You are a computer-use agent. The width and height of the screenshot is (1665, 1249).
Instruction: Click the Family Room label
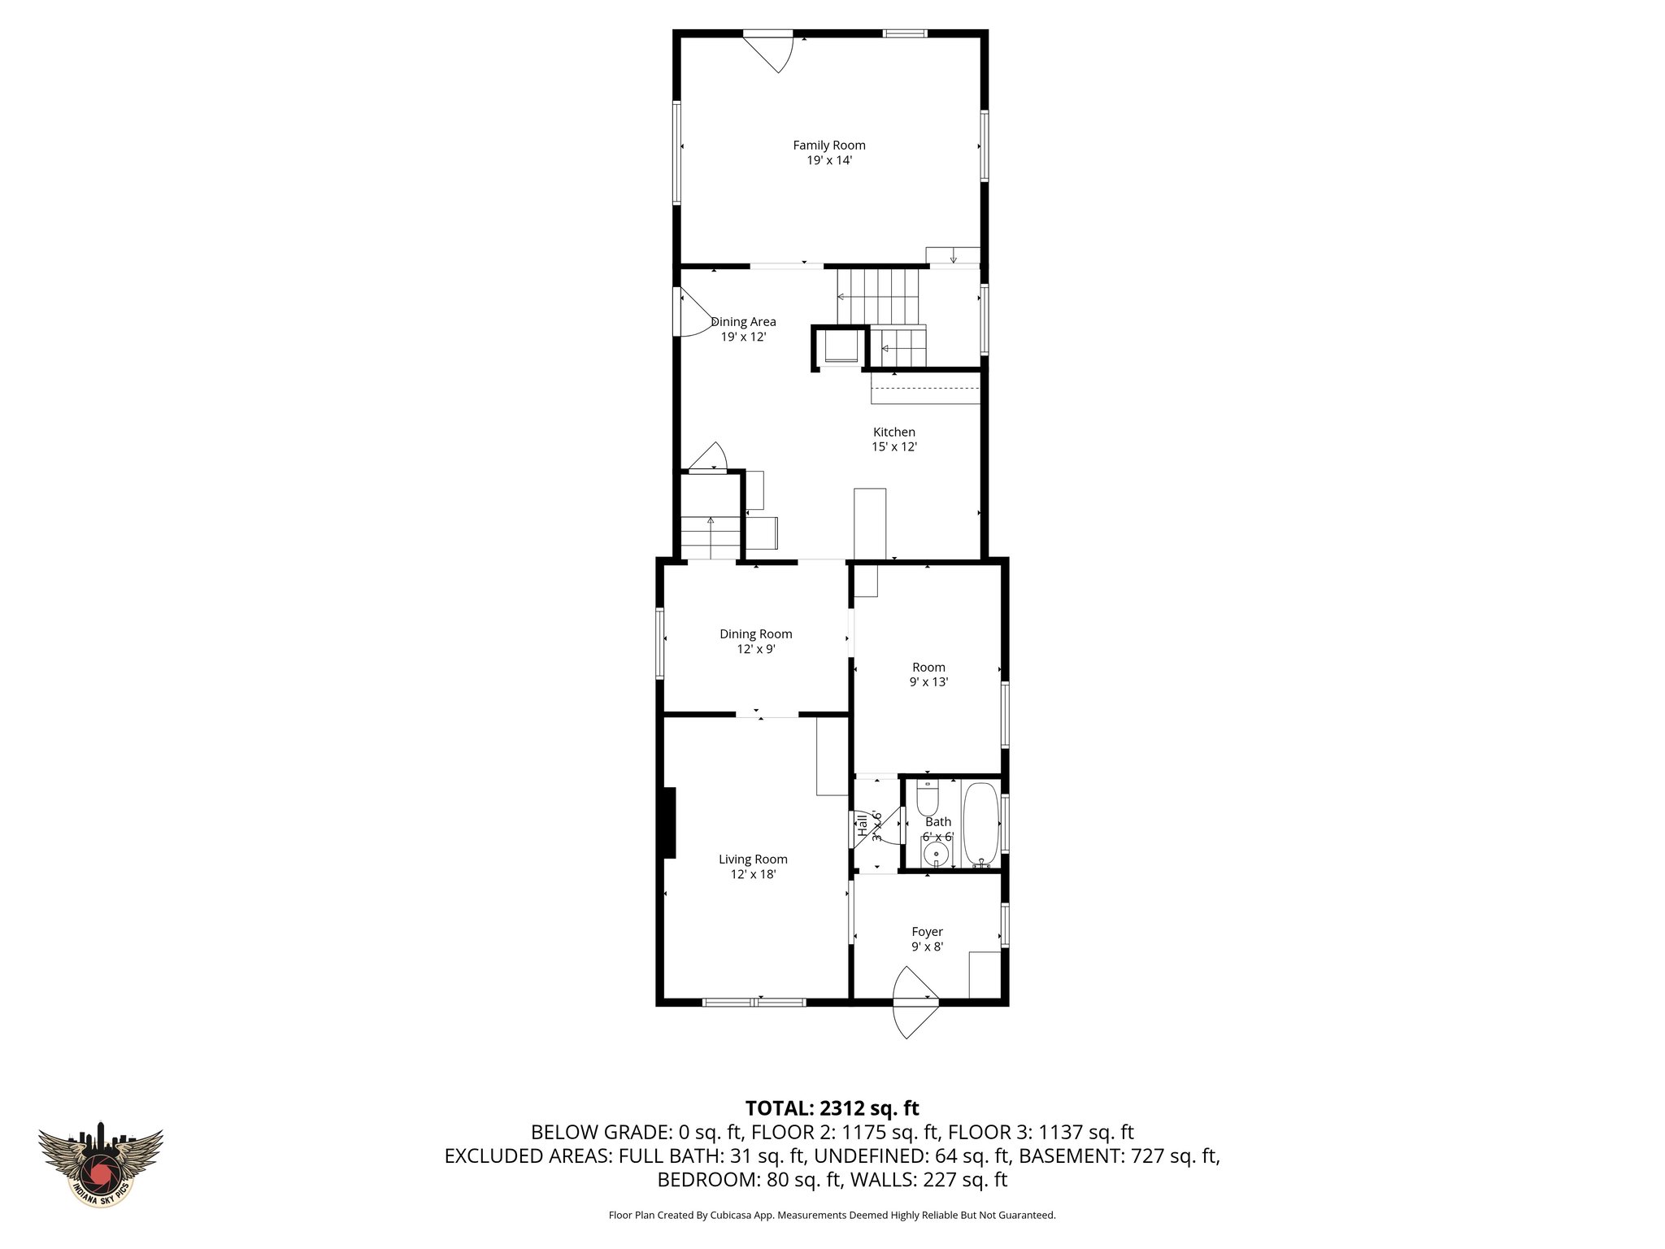[828, 146]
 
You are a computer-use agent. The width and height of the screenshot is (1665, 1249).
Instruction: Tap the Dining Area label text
[743, 322]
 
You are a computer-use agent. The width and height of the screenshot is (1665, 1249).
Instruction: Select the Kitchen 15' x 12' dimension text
[894, 446]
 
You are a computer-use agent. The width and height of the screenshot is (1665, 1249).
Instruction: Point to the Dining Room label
[755, 634]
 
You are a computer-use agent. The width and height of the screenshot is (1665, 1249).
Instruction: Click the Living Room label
[753, 859]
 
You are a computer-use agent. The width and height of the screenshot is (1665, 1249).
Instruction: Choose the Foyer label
[927, 932]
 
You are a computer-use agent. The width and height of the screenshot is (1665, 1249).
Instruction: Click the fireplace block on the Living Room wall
[669, 823]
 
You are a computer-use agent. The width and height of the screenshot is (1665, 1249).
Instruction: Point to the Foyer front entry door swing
[914, 1004]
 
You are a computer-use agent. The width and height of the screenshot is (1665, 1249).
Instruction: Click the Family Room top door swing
[772, 52]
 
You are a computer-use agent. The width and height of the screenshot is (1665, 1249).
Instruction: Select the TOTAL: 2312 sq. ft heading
[832, 1108]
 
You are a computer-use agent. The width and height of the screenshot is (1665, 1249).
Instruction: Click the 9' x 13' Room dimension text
[928, 682]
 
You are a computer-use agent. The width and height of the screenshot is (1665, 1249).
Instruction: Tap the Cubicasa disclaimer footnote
[832, 1215]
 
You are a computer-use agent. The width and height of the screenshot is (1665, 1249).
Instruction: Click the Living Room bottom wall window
[754, 1002]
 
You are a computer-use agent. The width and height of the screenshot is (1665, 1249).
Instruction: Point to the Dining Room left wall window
[661, 643]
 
